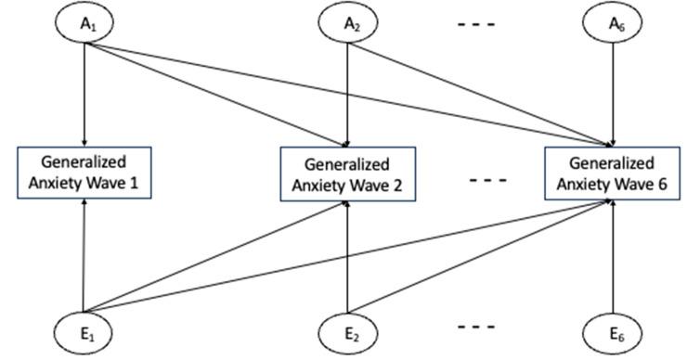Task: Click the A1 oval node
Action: pos(84,21)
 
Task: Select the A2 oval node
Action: pos(347,21)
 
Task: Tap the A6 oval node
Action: pos(613,21)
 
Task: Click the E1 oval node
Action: pos(84,334)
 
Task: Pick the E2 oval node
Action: pos(347,334)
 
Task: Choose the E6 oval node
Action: pos(613,334)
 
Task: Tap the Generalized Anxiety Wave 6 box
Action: pos(611,173)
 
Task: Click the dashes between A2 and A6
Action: pos(479,25)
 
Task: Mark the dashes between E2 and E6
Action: pos(479,330)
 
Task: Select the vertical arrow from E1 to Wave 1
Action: pos(84,255)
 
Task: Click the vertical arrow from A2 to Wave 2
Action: pos(347,93)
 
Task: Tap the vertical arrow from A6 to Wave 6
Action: pos(613,93)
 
